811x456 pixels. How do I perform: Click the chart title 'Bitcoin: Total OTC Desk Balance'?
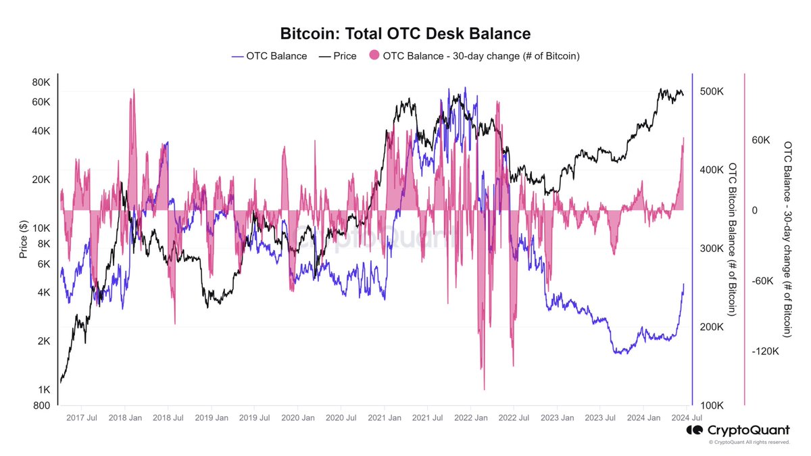[405, 33]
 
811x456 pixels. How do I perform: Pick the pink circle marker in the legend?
[374, 56]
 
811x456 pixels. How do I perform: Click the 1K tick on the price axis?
[44, 390]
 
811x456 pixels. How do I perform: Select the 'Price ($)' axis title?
[24, 240]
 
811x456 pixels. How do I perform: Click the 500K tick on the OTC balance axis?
[712, 91]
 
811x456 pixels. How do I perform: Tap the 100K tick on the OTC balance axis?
[712, 405]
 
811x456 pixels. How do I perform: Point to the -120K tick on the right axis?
[765, 351]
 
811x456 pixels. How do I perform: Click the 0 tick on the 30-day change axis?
[754, 211]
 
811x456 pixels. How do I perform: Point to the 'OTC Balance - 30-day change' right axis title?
[787, 240]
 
